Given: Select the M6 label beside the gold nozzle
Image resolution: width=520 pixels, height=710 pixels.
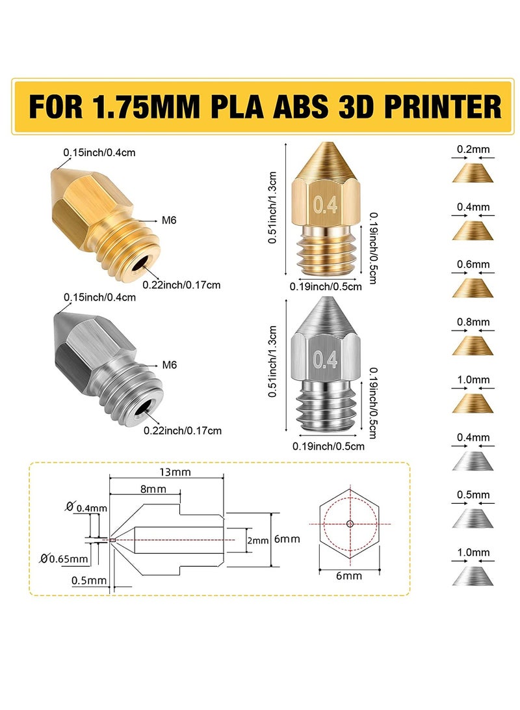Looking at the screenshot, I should [x=169, y=221].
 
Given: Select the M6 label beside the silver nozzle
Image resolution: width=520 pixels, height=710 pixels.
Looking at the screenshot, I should [x=169, y=365].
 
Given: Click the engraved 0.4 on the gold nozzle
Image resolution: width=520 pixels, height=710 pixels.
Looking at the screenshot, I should [x=326, y=206].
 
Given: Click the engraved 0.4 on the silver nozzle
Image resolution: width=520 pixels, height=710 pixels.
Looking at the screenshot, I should [x=326, y=359].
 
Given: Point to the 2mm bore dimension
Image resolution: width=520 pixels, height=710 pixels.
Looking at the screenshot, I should [x=259, y=540].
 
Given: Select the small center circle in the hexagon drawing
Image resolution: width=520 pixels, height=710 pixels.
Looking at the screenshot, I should [x=350, y=523].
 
